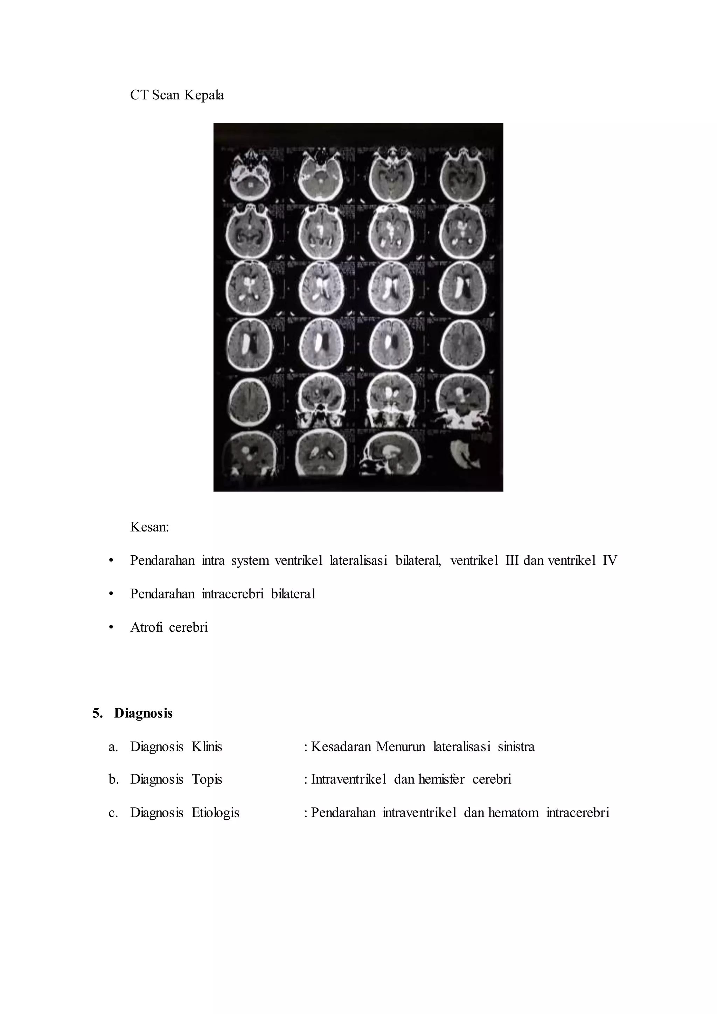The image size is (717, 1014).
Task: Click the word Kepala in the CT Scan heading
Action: click(x=204, y=95)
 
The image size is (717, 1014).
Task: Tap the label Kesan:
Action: click(x=149, y=527)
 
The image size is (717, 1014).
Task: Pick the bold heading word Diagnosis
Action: click(x=143, y=713)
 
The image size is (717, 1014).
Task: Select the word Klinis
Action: click(x=207, y=747)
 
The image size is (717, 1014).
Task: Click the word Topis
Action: click(x=207, y=779)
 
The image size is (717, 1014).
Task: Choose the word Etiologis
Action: click(x=215, y=813)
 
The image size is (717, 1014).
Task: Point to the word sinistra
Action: click(x=516, y=747)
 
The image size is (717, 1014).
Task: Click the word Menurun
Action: click(x=401, y=747)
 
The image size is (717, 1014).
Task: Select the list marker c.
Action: click(x=113, y=813)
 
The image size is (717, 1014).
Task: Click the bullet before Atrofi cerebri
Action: click(x=111, y=627)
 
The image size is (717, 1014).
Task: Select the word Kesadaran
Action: click(x=341, y=747)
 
